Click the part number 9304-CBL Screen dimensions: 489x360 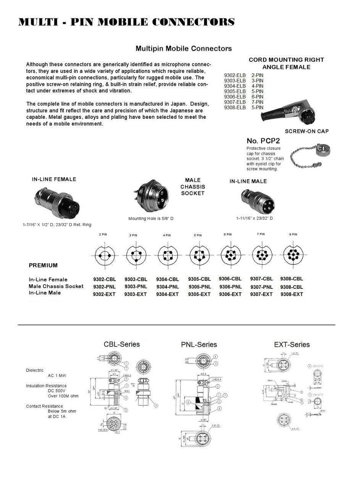(x=167, y=279)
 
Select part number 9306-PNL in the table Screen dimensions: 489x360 (x=230, y=287)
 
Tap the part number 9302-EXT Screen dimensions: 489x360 (x=104, y=294)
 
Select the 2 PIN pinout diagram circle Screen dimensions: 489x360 (x=103, y=255)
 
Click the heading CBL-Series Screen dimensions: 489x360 (x=121, y=344)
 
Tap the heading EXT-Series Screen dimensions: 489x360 (x=292, y=345)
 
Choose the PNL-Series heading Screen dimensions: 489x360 (x=199, y=345)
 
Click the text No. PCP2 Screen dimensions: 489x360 (x=263, y=141)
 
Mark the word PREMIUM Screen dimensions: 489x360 (x=43, y=265)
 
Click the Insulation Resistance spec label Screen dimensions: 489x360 (x=46, y=386)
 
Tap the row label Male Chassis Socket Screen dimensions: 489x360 (x=56, y=286)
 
